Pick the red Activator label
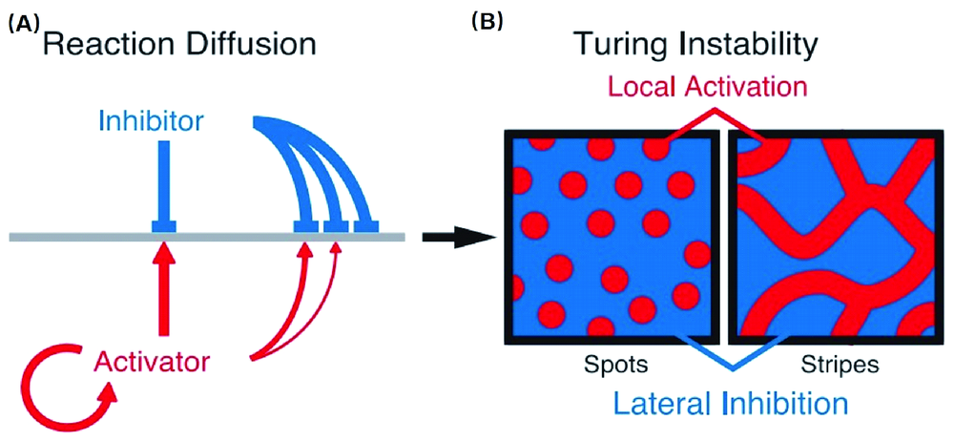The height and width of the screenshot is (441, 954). click(154, 361)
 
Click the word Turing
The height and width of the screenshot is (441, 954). click(619, 44)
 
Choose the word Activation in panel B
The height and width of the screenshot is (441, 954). click(754, 87)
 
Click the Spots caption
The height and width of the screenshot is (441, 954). click(610, 365)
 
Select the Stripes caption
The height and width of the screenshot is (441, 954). click(831, 365)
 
